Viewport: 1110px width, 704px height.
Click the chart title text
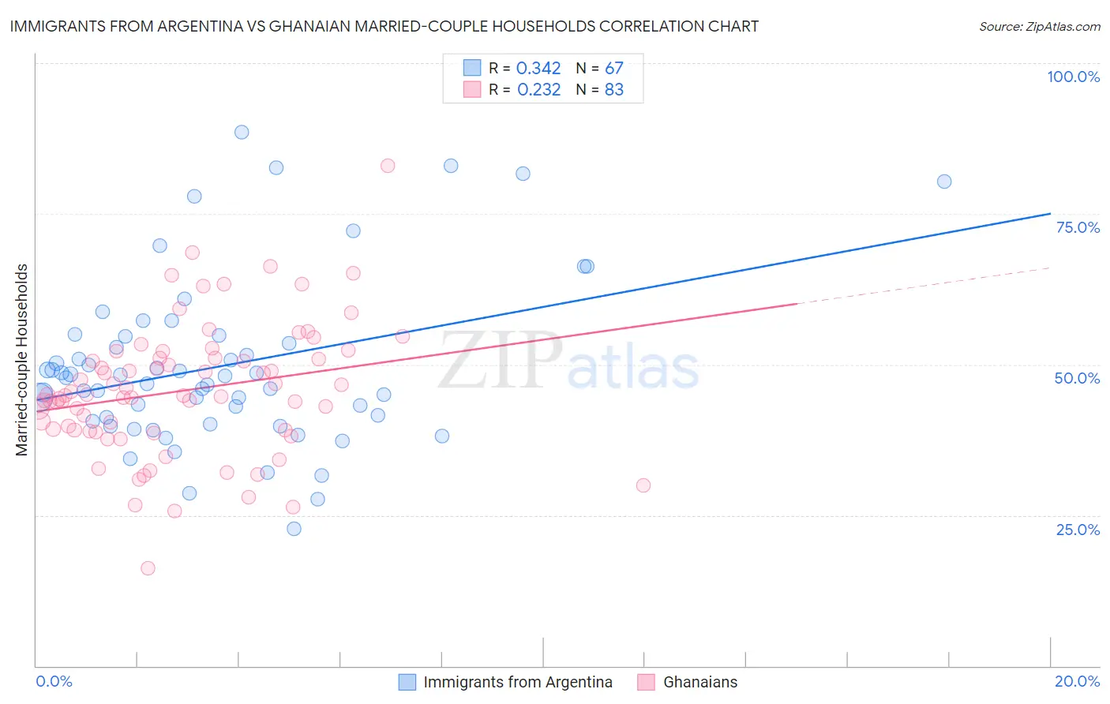pos(384,26)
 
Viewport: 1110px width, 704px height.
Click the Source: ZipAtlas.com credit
pos(1039,26)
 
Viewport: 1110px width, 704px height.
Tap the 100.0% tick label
pos(1073,77)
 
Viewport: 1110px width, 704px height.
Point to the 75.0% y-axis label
pos(1078,227)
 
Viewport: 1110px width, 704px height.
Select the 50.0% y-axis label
pos(1077,378)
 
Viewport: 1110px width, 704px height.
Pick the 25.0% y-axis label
pos(1078,529)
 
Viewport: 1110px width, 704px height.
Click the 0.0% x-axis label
pos(54,681)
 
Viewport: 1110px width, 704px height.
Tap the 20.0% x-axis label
pos(1077,681)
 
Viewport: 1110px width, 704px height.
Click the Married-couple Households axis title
pos(22,359)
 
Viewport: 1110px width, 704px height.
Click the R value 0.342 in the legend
pos(538,69)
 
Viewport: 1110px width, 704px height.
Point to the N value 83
pos(613,90)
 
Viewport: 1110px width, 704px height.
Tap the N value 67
pos(613,69)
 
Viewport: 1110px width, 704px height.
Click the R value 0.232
pos(538,90)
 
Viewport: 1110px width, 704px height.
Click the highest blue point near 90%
pos(242,132)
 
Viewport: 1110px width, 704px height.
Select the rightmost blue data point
pos(944,182)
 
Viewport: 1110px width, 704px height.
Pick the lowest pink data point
pos(148,568)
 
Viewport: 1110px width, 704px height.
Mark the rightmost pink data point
pos(643,485)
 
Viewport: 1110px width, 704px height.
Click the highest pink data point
pos(388,166)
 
